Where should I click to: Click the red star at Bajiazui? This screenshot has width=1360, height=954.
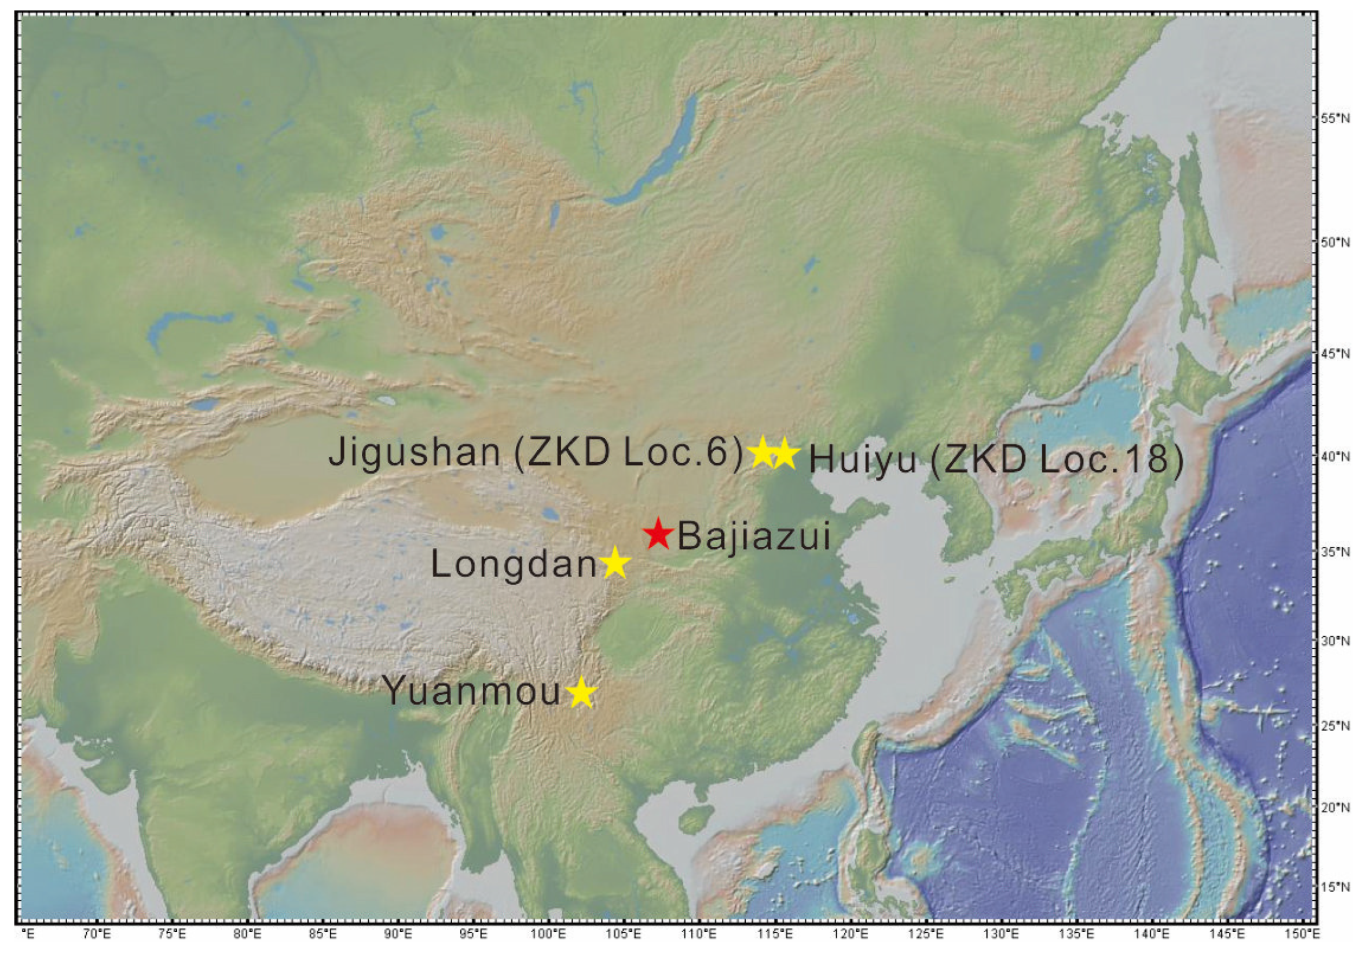(658, 534)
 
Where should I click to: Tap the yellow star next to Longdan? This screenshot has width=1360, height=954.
(615, 563)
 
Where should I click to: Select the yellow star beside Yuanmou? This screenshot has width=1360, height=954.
(582, 692)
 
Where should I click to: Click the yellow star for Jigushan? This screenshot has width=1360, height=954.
(763, 453)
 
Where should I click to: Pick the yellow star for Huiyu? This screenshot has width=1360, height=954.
(785, 454)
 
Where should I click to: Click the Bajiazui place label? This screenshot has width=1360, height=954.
(754, 537)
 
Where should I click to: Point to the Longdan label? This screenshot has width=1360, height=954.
(514, 564)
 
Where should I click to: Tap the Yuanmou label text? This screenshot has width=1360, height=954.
(471, 691)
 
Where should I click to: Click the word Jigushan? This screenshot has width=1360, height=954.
(415, 453)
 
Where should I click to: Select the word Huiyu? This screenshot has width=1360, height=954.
(863, 460)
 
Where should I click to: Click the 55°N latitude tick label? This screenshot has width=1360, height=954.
(1335, 119)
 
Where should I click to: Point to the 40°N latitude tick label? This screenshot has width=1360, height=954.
(1335, 457)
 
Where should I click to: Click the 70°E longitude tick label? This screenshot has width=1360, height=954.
(97, 934)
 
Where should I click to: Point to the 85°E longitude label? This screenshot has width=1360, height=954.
(322, 934)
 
